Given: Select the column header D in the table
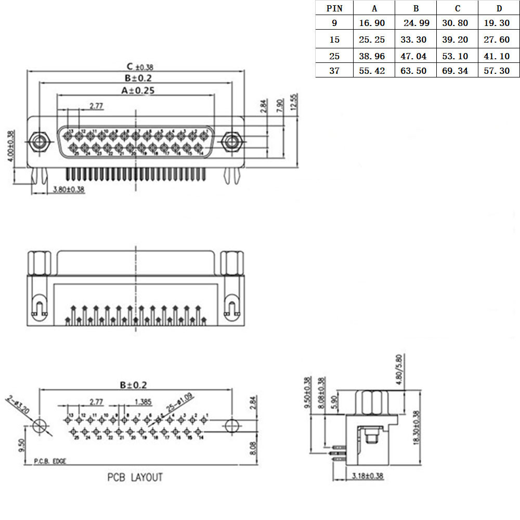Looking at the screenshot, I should click(499, 8).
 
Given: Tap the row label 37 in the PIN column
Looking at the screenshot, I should click(334, 71).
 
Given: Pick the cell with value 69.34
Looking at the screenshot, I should click(455, 71).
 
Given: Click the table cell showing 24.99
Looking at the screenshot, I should click(416, 24).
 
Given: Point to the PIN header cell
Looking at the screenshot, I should click(334, 8).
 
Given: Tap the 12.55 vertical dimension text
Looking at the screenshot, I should click(294, 102).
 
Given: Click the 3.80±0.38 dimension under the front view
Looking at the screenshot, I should click(69, 190).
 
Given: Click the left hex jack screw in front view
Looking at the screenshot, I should click(38, 142).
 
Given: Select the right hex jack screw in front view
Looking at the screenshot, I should click(230, 142).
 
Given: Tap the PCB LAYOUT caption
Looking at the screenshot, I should click(135, 477).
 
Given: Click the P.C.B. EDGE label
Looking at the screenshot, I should click(50, 461).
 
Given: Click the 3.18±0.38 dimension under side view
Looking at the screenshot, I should click(368, 475).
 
